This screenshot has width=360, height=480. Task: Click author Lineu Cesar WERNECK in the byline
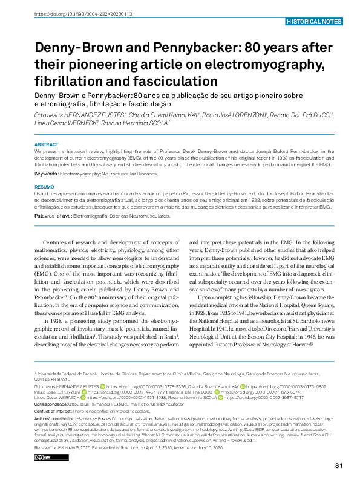pyautogui.click(x=59, y=123)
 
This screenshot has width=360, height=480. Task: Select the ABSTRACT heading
pyautogui.click(x=46, y=145)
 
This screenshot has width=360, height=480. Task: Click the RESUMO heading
pyautogui.click(x=45, y=187)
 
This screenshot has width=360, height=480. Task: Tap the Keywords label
pyautogui.click(x=46, y=174)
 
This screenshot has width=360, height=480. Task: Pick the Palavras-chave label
pyautogui.click(x=53, y=215)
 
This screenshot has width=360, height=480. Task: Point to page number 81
pyautogui.click(x=339, y=464)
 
